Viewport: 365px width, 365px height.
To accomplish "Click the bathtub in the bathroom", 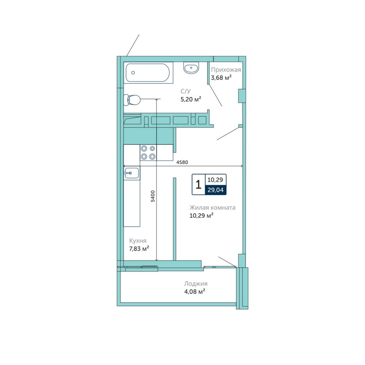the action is point(148,73).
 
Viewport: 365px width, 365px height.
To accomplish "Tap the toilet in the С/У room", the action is point(132,100).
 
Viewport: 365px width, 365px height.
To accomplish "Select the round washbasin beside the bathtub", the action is point(191,68).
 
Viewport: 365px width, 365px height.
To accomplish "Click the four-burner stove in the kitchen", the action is point(148,153).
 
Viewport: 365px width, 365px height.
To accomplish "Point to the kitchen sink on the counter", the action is point(131,173).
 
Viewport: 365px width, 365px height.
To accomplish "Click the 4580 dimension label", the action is point(182,162).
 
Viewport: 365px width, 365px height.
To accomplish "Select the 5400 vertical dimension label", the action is point(153,196).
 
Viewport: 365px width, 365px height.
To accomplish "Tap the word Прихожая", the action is point(226,70).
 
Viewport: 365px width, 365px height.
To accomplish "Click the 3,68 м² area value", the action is point(221,78).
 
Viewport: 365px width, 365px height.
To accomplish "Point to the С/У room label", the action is point(186,91).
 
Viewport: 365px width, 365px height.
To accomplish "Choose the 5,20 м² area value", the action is point(191,100).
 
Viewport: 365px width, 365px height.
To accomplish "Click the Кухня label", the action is point(138,241).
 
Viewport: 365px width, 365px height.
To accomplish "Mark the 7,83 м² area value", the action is point(139,249).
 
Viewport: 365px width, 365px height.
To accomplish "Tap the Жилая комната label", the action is point(212,207).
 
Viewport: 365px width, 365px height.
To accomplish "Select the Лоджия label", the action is point(196,284).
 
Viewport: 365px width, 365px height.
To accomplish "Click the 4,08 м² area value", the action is point(195,292).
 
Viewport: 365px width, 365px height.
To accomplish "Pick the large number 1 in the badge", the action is point(198,184).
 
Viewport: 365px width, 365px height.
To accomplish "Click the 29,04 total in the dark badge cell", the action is point(216,190).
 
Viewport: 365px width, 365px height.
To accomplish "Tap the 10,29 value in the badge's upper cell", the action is point(215,180).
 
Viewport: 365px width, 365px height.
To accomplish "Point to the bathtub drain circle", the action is point(133,73).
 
